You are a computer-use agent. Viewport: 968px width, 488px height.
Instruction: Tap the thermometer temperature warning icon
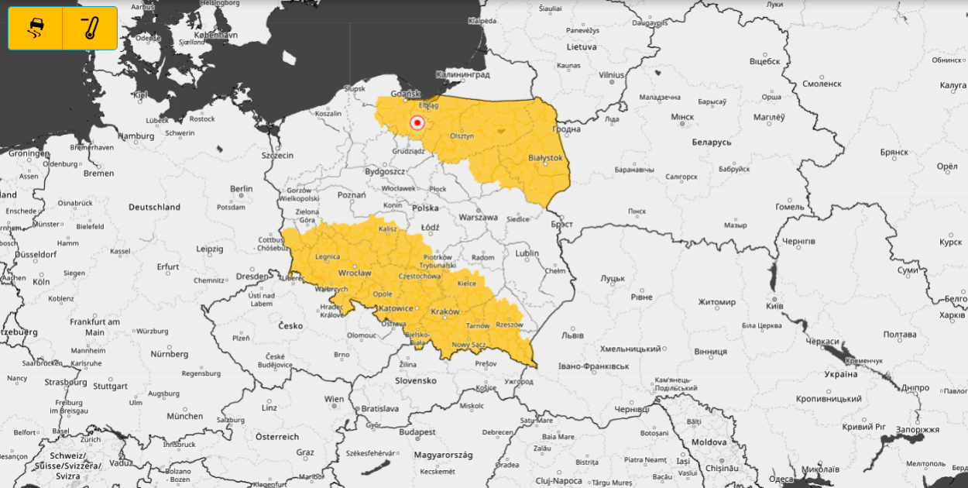90,29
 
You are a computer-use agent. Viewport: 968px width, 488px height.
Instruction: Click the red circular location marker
417,122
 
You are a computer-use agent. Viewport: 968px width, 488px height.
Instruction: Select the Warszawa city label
477,218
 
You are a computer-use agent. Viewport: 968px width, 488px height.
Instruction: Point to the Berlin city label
241,188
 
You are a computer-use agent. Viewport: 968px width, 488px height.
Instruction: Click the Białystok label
544,158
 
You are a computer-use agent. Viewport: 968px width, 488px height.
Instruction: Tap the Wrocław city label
355,273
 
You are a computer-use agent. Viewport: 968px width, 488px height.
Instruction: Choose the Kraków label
445,311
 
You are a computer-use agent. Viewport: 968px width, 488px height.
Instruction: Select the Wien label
335,400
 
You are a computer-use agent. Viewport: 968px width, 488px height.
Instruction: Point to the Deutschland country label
154,207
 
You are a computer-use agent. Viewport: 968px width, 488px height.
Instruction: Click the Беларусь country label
711,143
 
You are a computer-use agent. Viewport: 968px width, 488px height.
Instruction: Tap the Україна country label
840,374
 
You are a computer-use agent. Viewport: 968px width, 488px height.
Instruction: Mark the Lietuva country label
581,46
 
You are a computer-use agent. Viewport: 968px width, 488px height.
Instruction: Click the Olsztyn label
462,136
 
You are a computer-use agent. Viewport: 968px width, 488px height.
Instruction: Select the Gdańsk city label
406,93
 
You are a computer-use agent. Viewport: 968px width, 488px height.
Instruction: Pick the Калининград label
462,75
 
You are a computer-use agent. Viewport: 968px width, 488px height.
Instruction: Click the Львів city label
572,335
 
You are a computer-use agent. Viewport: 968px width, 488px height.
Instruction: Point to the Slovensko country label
416,380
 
